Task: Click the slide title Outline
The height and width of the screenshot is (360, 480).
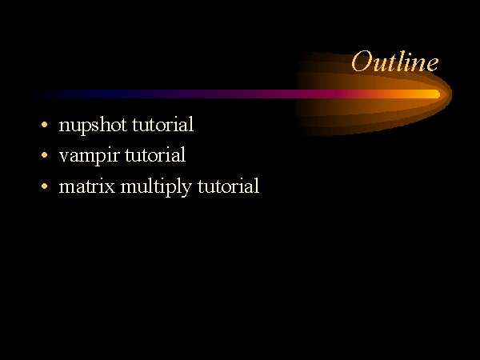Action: [x=395, y=62]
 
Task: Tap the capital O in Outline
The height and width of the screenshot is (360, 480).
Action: [x=362, y=62]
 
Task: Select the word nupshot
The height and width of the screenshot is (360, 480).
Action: [x=93, y=126]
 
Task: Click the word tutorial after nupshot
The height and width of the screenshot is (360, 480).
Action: [x=162, y=124]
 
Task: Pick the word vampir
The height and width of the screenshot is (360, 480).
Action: [x=89, y=156]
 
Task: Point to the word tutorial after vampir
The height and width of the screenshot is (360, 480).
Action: [x=155, y=154]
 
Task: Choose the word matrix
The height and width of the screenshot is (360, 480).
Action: [x=87, y=186]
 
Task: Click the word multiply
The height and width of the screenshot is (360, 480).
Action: [x=156, y=186]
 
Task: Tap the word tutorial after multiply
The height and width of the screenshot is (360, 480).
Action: [x=228, y=186]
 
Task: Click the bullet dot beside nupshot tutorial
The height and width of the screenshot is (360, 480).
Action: [x=44, y=125]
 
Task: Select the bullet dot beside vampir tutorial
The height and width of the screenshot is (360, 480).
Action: [x=44, y=155]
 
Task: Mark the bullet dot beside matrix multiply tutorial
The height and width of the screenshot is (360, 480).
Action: [x=44, y=186]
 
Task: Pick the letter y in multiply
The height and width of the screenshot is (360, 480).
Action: [x=186, y=190]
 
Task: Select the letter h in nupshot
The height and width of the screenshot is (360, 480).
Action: [x=103, y=124]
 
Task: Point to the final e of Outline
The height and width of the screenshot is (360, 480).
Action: [x=432, y=65]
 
